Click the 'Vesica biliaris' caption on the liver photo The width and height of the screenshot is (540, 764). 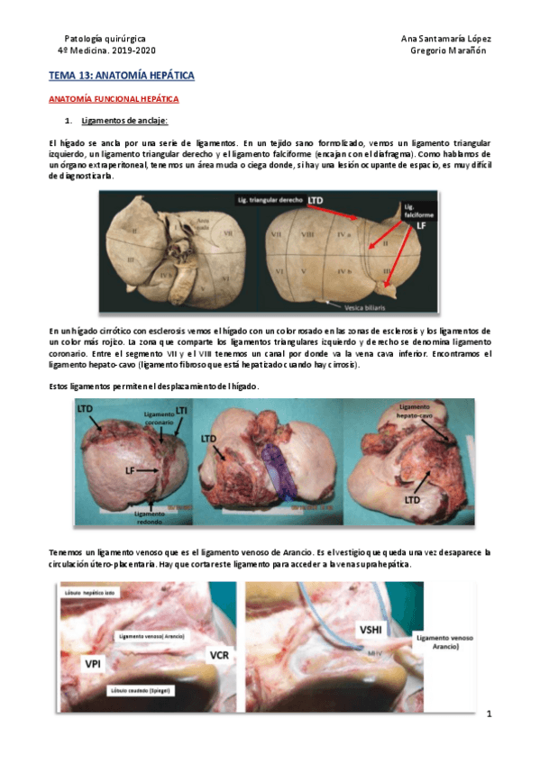tap(354, 306)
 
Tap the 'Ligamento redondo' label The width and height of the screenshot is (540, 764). tap(149, 514)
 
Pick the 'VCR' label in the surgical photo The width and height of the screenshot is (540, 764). tap(218, 654)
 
